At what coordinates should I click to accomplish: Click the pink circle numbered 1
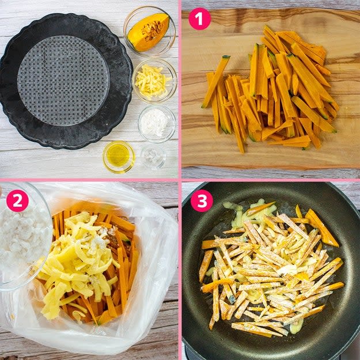click(199, 19)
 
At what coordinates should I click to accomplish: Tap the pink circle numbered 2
click(17, 200)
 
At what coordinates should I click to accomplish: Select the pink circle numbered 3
click(202, 200)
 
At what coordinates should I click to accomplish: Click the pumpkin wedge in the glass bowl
click(148, 32)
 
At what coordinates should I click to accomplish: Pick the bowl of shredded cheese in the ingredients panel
click(154, 81)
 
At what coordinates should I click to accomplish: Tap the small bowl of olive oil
click(119, 157)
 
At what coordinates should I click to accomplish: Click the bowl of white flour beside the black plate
click(157, 124)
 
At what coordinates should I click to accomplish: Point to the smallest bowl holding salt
click(153, 157)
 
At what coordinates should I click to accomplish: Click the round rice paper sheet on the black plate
click(63, 81)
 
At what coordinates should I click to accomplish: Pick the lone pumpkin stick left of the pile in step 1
click(215, 81)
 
